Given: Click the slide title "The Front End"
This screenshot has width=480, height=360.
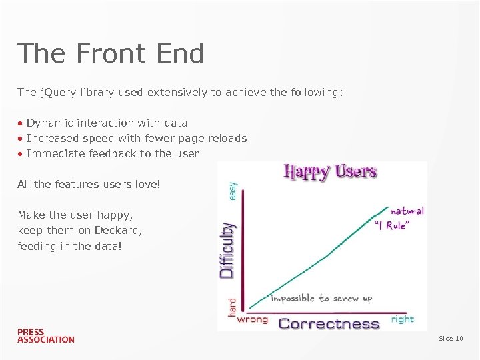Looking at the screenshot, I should [x=111, y=54].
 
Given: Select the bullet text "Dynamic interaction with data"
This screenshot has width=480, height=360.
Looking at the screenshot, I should [x=107, y=123].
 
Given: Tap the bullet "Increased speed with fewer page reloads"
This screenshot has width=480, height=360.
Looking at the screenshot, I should [x=136, y=139].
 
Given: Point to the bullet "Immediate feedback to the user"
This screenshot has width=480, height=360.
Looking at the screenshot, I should [x=112, y=154].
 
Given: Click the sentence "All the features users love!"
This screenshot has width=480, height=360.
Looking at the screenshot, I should [x=89, y=184].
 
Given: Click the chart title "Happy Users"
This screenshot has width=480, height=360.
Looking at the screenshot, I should [x=331, y=172].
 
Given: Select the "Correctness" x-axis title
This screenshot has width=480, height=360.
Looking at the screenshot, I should [x=329, y=324].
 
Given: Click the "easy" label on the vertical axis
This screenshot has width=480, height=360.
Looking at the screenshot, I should [x=232, y=190].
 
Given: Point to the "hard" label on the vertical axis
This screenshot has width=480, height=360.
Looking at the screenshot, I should [x=232, y=306].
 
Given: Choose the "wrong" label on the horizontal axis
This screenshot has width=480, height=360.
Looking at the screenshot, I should [x=253, y=319].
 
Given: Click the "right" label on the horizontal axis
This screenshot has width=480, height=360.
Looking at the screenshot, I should [x=403, y=319].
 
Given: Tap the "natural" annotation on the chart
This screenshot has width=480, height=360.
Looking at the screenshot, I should [x=407, y=211].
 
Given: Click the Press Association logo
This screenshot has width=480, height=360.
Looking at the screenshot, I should [x=45, y=335].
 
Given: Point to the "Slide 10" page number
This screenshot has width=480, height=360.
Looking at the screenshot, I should [x=451, y=339].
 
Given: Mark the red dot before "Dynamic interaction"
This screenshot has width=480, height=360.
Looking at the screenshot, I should [x=21, y=123].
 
